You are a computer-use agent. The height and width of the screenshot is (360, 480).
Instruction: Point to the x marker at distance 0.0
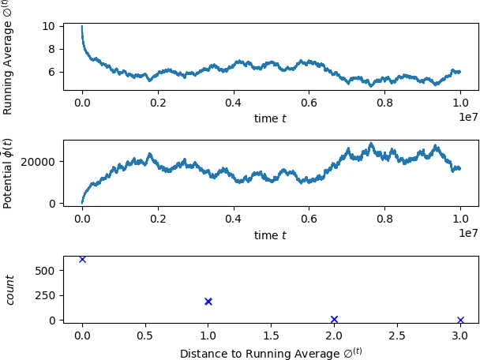pyautogui.click(x=82, y=259)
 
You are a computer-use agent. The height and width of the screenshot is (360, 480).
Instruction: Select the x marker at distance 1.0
pyautogui.click(x=208, y=301)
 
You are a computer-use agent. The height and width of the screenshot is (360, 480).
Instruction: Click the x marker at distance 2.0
pyautogui.click(x=334, y=319)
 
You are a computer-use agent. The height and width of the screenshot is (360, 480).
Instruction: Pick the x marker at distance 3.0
pyautogui.click(x=460, y=320)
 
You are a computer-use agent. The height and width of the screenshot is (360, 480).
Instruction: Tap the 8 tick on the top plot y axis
pyautogui.click(x=52, y=49)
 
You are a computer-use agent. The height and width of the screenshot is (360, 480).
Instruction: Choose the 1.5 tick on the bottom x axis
pyautogui.click(x=271, y=336)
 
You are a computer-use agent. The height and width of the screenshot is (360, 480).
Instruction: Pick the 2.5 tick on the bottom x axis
pyautogui.click(x=397, y=336)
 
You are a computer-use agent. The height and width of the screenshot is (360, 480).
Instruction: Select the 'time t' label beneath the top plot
pyautogui.click(x=271, y=118)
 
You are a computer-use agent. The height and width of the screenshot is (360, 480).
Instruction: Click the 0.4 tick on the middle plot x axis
pyautogui.click(x=233, y=219)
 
